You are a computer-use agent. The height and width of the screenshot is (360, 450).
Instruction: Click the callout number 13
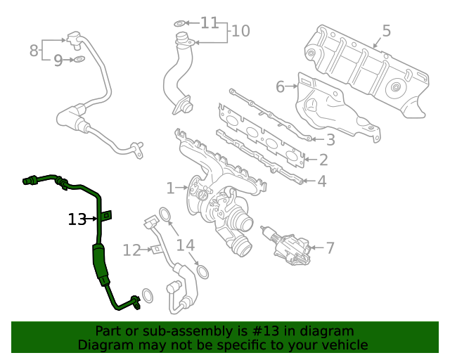(x=77, y=219)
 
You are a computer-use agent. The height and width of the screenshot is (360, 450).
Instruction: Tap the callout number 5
(x=386, y=31)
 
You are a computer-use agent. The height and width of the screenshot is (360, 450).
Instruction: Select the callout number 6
(x=280, y=86)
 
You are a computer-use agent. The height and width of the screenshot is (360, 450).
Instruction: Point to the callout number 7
(x=330, y=247)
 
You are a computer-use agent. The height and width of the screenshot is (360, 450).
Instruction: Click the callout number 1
(x=170, y=188)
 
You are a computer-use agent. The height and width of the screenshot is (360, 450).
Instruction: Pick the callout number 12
(x=132, y=250)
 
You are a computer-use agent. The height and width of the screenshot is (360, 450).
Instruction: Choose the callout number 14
(x=186, y=245)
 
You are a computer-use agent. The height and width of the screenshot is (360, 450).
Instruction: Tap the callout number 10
(x=240, y=31)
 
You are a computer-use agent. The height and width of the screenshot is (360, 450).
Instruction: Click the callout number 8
(x=34, y=51)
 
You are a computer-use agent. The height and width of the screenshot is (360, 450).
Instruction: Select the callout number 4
(x=322, y=181)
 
